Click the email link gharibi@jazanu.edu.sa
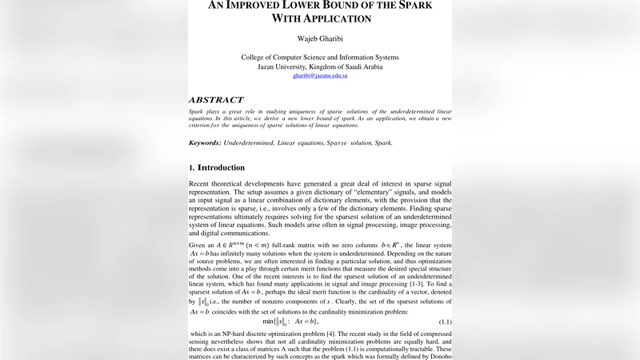pos(319,76)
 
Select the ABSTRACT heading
pos(215,100)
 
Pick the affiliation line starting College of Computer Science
pos(319,58)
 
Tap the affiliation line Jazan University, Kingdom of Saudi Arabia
pos(319,66)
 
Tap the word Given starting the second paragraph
pos(198,244)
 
